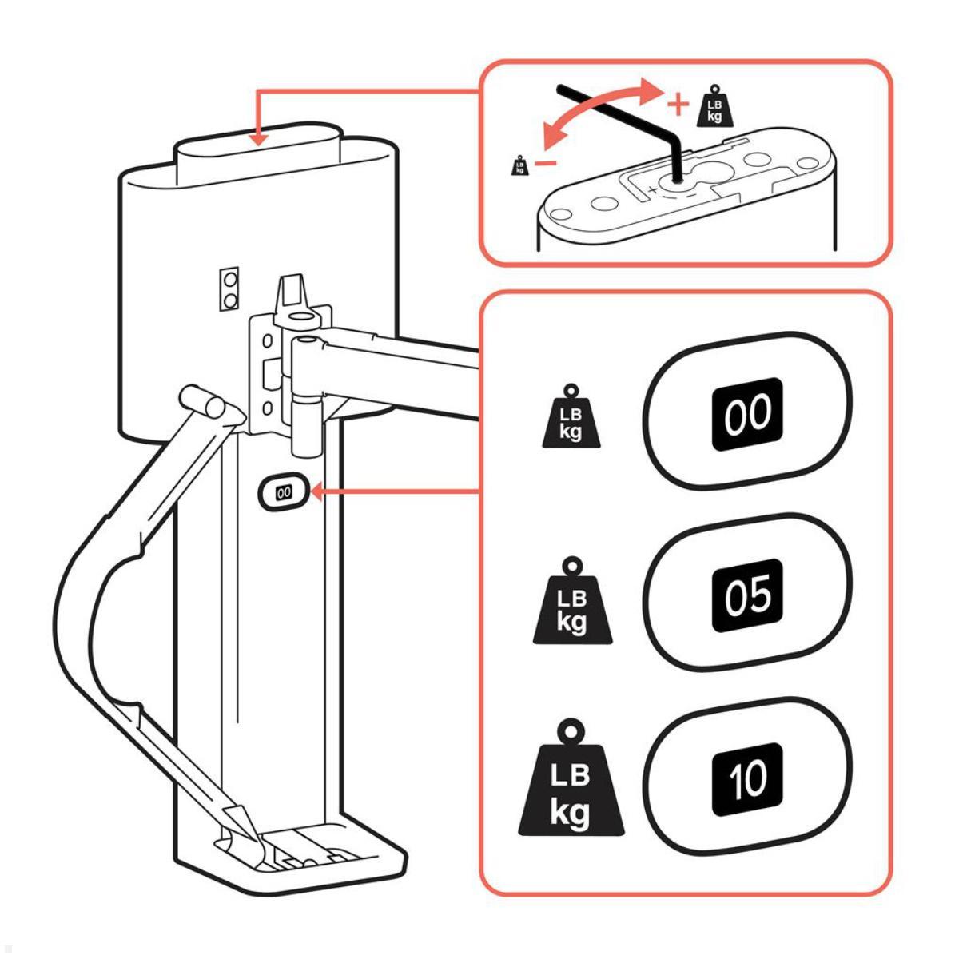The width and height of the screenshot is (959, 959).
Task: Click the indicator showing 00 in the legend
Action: pyautogui.click(x=747, y=411)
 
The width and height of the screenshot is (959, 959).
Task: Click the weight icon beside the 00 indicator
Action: pyautogui.click(x=570, y=415)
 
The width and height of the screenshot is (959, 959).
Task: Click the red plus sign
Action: pyautogui.click(x=677, y=104)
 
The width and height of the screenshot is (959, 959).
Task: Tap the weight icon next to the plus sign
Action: pyautogui.click(x=714, y=106)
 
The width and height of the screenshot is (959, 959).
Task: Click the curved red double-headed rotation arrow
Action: pyautogui.click(x=595, y=112)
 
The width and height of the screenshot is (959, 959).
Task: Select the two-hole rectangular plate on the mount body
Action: pyautogui.click(x=232, y=289)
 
